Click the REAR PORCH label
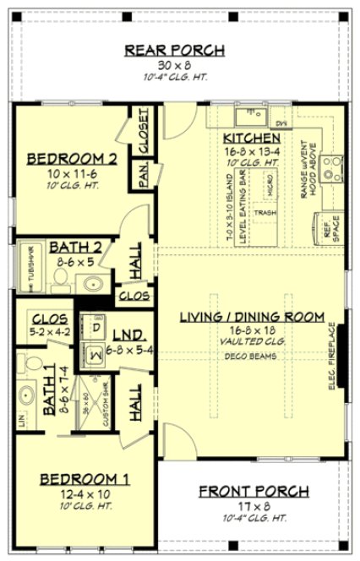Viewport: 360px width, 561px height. pos(175,50)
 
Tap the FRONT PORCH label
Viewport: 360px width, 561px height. pos(253,491)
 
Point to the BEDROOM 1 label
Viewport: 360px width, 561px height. pos(85,479)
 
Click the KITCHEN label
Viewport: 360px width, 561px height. pos(252,138)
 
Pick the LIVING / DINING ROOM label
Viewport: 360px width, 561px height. pos(252,318)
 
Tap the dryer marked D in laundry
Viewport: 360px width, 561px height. pos(95,326)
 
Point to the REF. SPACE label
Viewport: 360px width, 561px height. pos(327,228)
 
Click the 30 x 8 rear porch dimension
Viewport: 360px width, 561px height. pos(175,65)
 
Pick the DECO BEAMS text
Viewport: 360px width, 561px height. pos(252,356)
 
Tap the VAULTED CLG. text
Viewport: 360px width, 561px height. pos(252,341)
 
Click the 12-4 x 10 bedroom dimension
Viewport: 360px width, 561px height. pos(84,494)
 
